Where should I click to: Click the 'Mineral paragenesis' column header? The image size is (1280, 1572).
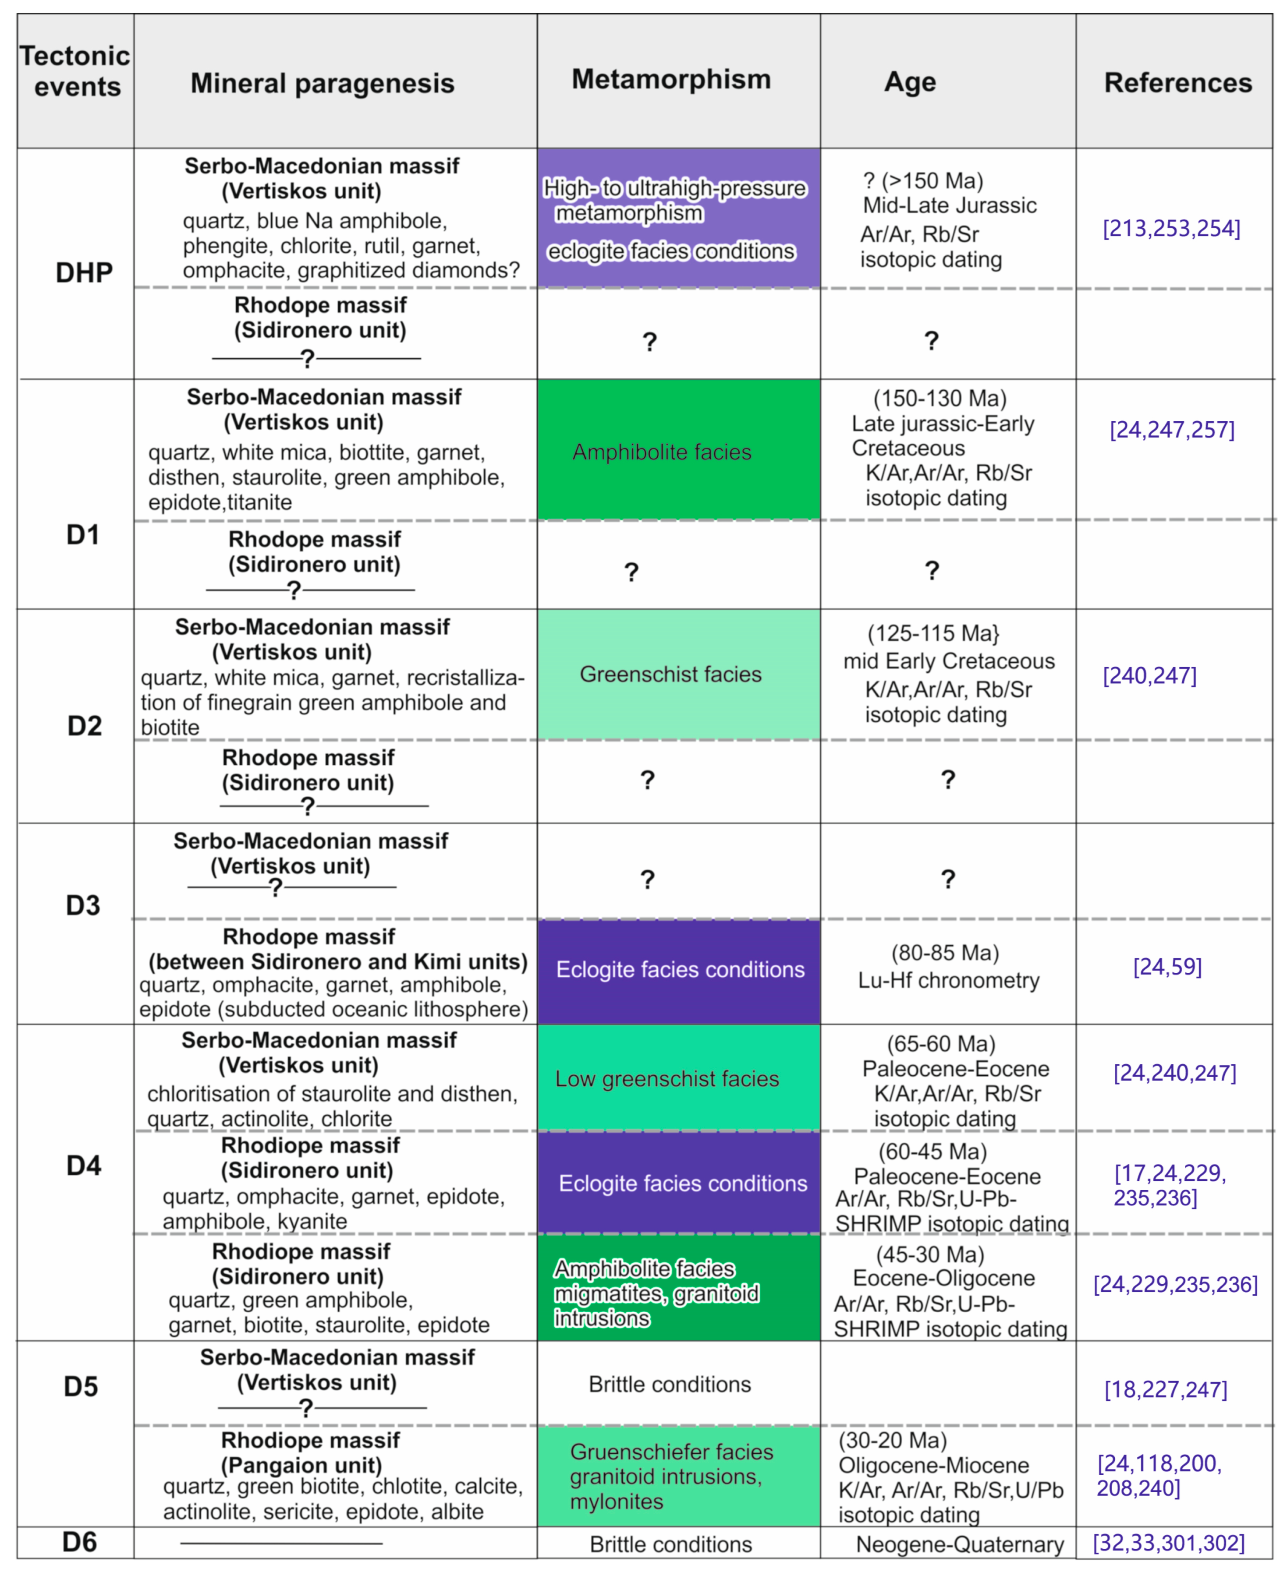[x=322, y=83]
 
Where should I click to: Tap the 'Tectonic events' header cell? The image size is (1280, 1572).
[x=75, y=71]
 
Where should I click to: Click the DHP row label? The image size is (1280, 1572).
[x=84, y=273]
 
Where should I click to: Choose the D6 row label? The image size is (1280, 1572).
[x=80, y=1543]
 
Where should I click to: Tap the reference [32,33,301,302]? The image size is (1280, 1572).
[x=1169, y=1543]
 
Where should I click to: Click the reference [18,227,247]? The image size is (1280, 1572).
[x=1166, y=1389]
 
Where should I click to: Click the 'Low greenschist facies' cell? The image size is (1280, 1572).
[x=667, y=1078]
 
